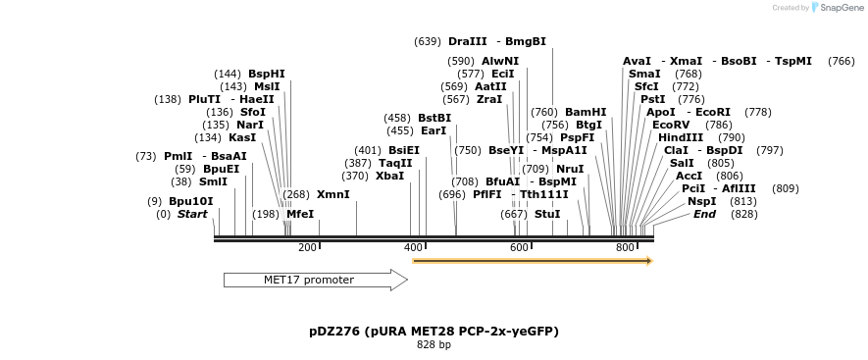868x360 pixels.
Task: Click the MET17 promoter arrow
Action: tap(314, 281)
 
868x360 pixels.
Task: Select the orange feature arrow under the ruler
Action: tap(533, 261)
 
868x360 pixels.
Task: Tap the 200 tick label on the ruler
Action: tap(307, 248)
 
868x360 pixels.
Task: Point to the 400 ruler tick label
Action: tap(413, 248)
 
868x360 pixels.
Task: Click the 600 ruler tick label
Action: tap(520, 248)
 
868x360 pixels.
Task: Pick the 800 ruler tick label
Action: tap(626, 248)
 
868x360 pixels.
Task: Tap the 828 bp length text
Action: tap(434, 345)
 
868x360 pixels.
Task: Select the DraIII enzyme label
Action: tap(467, 41)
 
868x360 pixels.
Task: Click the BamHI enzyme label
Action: tap(586, 112)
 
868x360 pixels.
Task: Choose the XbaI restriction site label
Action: tap(389, 176)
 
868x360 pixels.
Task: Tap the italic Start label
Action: tap(192, 214)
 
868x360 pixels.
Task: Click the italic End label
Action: tap(704, 214)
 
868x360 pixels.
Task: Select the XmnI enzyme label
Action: tap(332, 194)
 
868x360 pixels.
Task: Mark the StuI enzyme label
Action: tap(547, 214)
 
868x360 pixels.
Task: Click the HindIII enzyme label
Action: tap(681, 137)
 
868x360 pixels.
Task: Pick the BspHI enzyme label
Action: tap(267, 74)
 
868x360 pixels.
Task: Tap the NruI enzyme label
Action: tap(570, 169)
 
